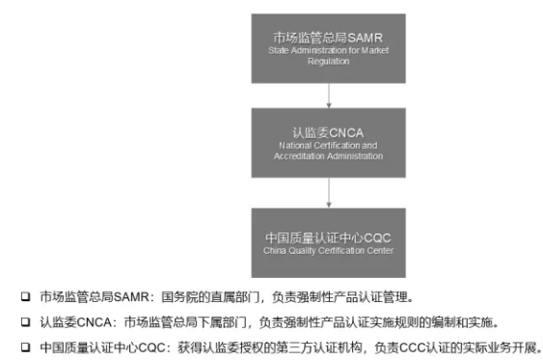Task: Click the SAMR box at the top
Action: [328, 48]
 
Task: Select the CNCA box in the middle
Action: [328, 143]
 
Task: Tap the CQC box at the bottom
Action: [328, 242]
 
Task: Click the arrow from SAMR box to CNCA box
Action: [329, 96]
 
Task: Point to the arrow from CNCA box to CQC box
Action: [329, 193]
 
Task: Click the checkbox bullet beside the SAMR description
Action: [26, 296]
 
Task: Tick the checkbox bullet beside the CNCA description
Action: [26, 322]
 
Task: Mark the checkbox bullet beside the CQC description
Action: [26, 347]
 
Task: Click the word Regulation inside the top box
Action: [328, 62]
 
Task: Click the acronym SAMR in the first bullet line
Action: [131, 297]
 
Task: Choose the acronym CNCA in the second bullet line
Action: [94, 322]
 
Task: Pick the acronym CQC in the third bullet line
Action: [151, 347]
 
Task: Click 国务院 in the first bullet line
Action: [179, 297]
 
